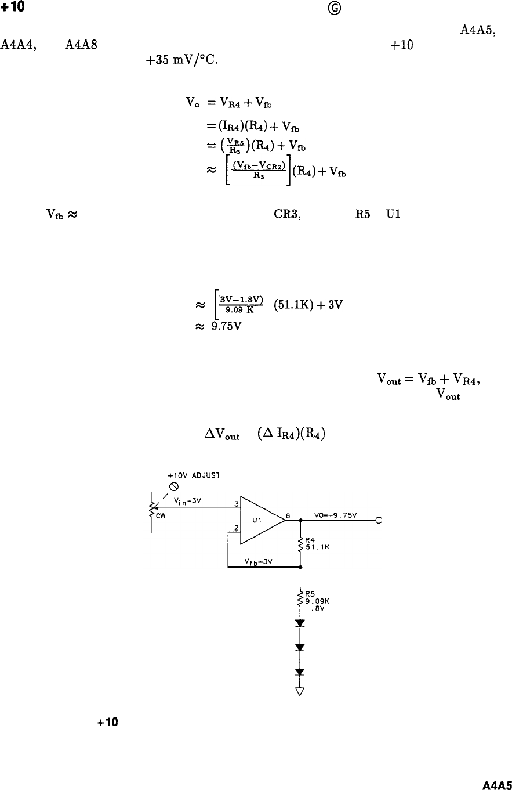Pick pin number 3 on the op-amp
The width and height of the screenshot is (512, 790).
tap(236, 503)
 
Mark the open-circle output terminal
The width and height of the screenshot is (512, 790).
tap(378, 520)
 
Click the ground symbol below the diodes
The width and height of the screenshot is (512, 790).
tap(300, 691)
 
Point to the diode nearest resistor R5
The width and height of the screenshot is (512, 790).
tap(300, 623)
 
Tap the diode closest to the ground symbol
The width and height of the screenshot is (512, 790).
tap(300, 672)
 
